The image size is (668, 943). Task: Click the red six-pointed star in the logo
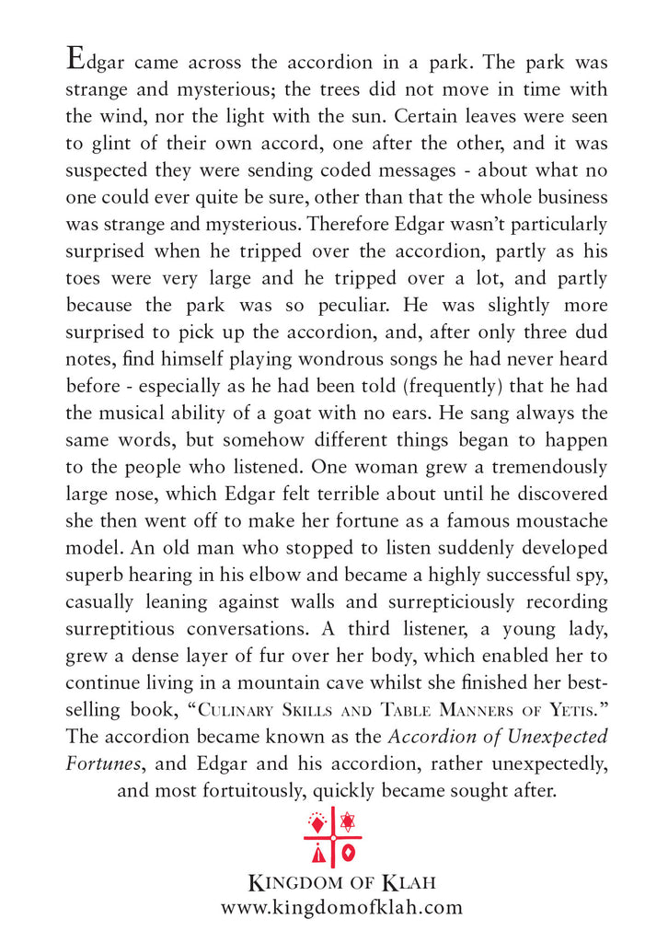pyautogui.click(x=347, y=821)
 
